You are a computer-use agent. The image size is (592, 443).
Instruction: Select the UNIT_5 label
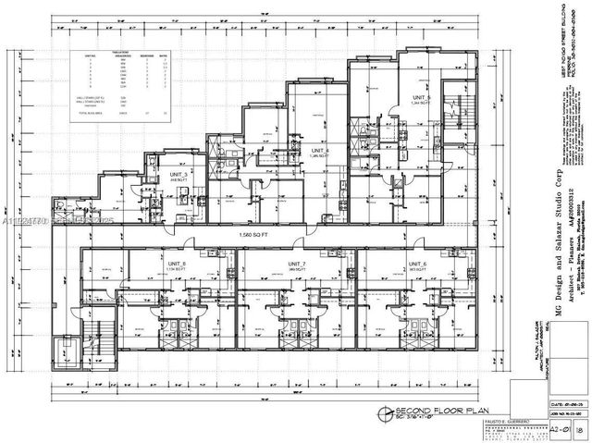421,96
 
